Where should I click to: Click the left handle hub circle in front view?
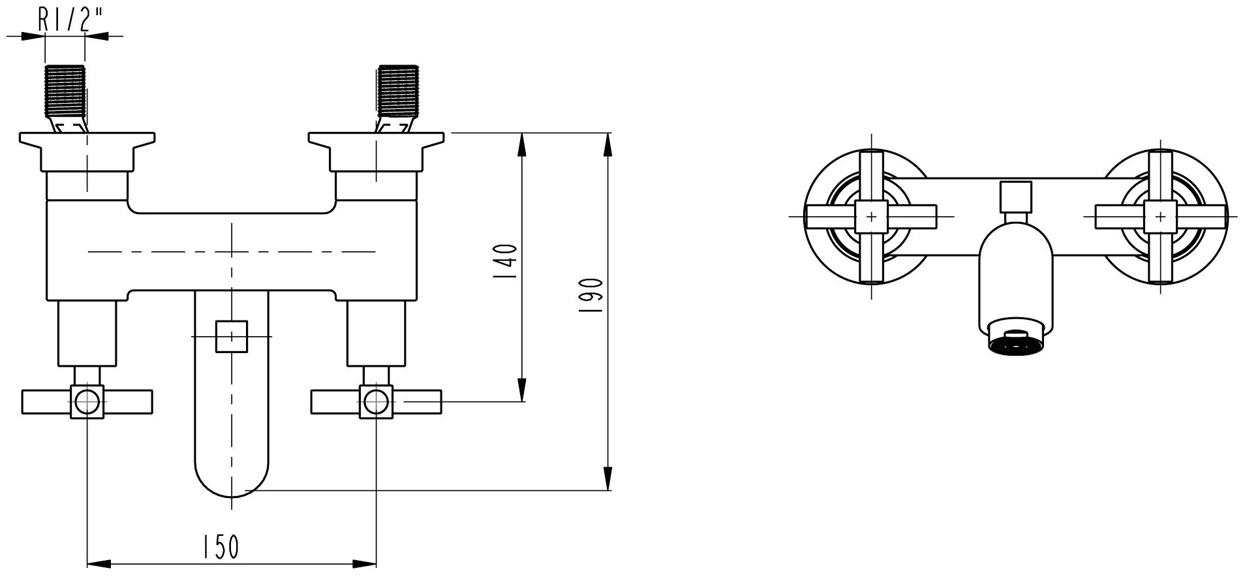coord(87,401)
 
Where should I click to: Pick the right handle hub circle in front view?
coord(376,401)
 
